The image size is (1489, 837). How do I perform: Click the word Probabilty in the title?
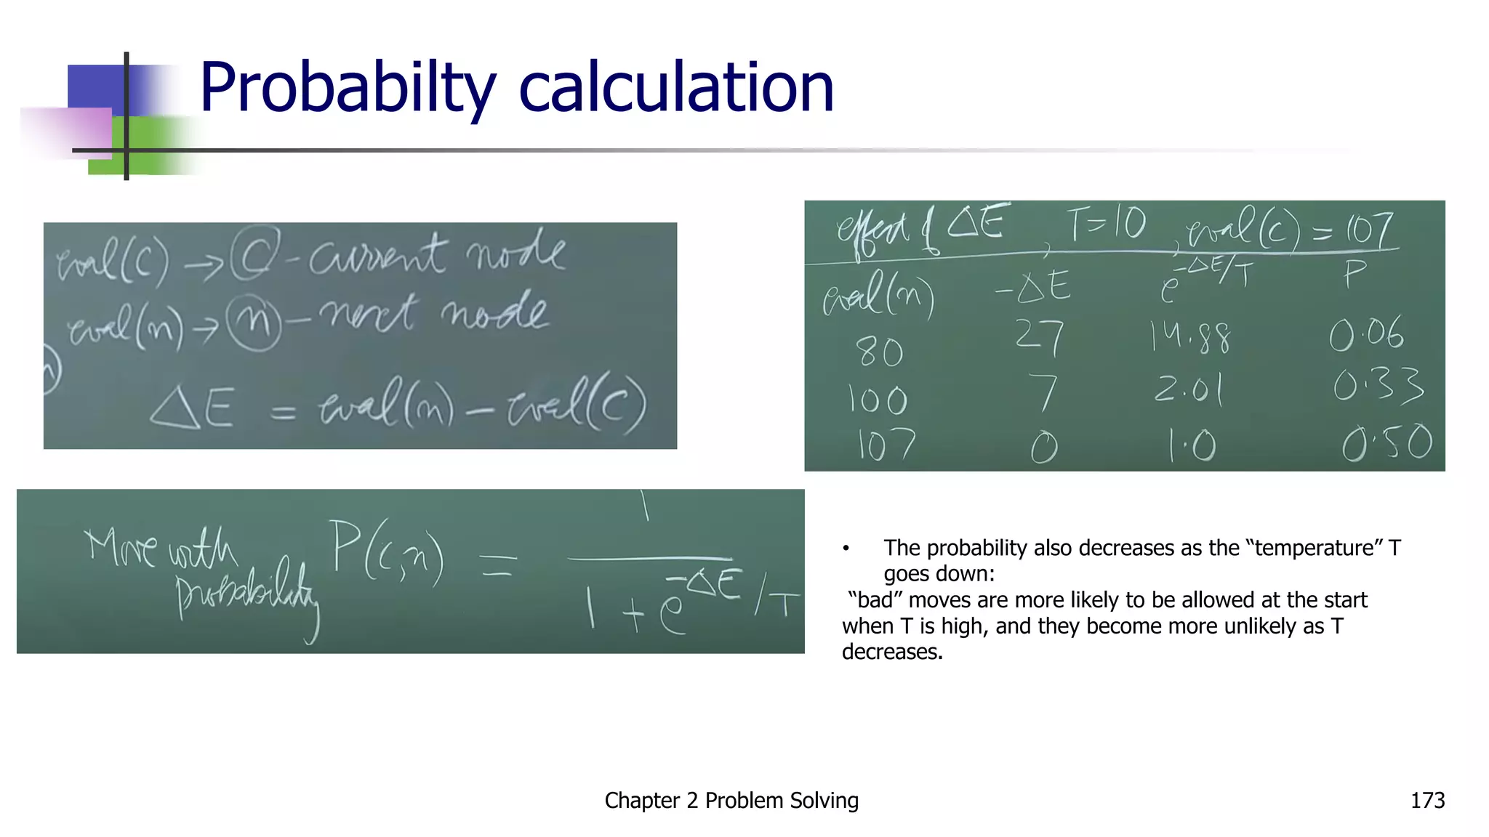click(348, 89)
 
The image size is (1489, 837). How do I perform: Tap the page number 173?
click(1427, 800)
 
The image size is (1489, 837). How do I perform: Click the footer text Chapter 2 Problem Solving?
click(731, 800)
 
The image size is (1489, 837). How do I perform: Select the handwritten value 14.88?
click(1190, 337)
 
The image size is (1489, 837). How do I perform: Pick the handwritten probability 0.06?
click(1366, 334)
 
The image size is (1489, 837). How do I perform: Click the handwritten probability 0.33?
click(1378, 384)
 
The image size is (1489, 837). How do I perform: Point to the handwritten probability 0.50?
click(1386, 443)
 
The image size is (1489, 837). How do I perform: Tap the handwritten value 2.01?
click(1189, 389)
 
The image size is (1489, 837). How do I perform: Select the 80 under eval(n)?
click(879, 352)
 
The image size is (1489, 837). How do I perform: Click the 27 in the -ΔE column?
click(1040, 337)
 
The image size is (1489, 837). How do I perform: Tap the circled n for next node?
click(253, 323)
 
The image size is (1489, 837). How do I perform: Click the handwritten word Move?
click(121, 546)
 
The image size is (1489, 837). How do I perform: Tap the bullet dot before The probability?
click(846, 549)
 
